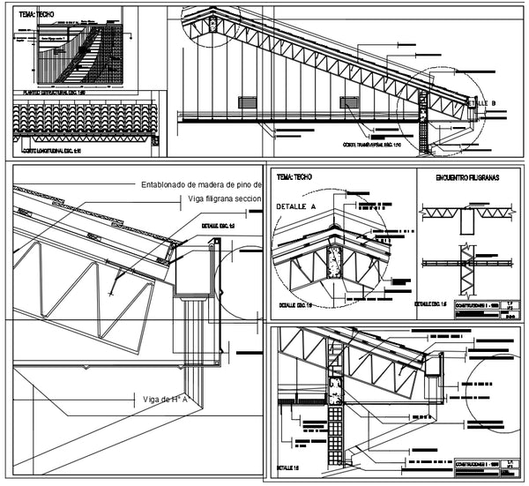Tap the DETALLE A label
296,205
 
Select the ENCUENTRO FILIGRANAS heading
467,177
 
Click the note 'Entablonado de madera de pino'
202,185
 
